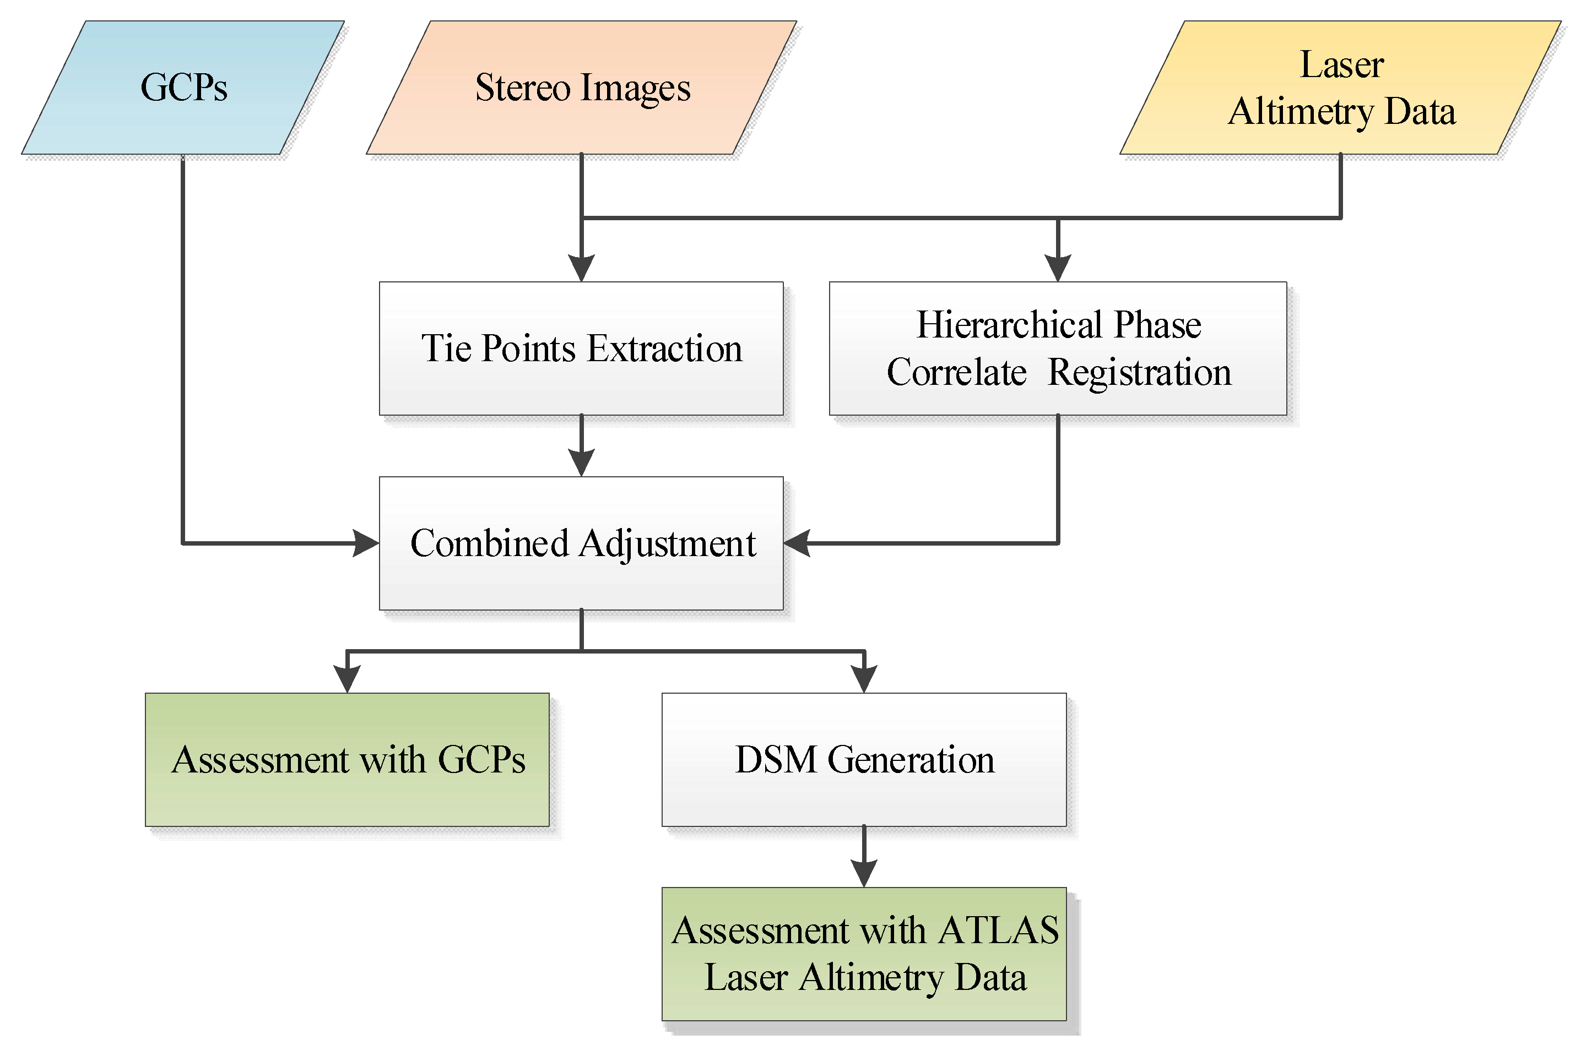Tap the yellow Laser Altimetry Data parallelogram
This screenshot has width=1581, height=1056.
tap(1340, 88)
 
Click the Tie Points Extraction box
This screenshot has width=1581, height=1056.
tap(581, 348)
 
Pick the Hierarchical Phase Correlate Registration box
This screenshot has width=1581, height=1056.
tap(1058, 348)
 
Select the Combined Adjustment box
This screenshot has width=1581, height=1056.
tap(581, 543)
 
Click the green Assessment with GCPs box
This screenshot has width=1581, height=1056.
tap(347, 760)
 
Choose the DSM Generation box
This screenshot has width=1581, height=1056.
tap(864, 760)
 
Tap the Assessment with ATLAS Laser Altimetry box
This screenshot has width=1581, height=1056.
tap(864, 954)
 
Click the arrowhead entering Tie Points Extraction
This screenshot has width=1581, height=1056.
tap(581, 269)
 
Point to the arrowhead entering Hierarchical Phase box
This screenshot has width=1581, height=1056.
tap(1058, 269)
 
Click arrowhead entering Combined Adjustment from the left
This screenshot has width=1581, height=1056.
tap(366, 543)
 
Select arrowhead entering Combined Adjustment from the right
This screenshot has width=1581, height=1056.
tap(797, 543)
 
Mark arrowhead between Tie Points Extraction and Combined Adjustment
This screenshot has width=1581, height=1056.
tap(581, 464)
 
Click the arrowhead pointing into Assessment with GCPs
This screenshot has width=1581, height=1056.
tap(347, 679)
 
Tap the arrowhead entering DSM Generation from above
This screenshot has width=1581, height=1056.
tap(864, 679)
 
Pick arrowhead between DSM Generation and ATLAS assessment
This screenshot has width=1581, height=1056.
tap(864, 874)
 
